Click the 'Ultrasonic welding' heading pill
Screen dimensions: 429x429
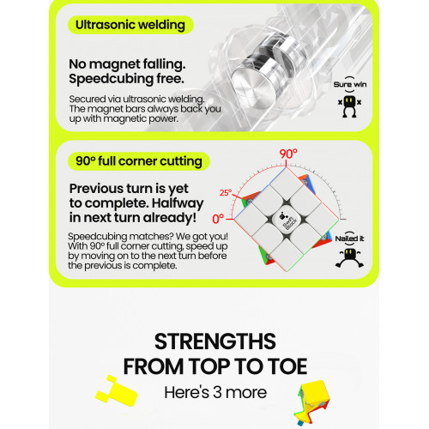tap(130, 25)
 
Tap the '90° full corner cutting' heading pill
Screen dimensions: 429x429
tap(139, 161)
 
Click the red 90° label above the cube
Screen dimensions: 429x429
tap(288, 154)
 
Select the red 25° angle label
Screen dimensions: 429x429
tap(226, 192)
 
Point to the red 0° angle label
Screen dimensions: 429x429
tap(218, 219)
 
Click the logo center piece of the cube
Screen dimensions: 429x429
tap(287, 221)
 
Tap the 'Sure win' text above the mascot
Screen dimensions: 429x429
tap(350, 84)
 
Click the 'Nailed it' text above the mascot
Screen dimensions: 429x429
tap(349, 239)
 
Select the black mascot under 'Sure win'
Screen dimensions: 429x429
tap(349, 106)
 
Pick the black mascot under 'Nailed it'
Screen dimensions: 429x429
tap(349, 258)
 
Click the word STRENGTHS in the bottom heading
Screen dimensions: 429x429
tap(215, 341)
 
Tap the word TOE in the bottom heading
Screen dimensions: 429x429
tap(287, 366)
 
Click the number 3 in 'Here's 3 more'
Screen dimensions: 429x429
tap(217, 392)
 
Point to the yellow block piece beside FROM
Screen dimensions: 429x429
tap(117, 391)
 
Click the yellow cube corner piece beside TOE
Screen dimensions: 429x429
tap(312, 402)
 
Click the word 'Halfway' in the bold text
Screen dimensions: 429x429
tap(178, 203)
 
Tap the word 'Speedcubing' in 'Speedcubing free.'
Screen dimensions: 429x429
tap(112, 79)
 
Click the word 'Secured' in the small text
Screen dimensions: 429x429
tap(88, 100)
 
